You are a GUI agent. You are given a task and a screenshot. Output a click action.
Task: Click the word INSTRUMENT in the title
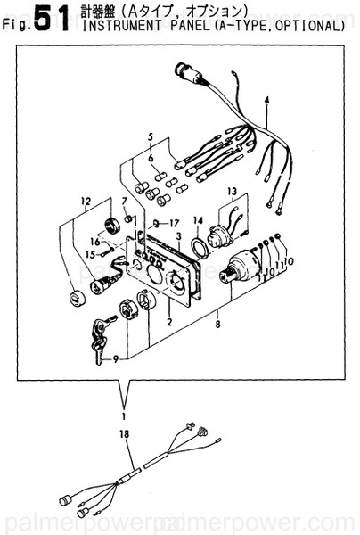117,26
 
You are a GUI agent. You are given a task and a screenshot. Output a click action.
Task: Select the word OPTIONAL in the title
307,26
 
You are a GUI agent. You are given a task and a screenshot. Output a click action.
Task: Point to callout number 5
151,137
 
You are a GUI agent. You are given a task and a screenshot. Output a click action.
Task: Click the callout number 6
151,158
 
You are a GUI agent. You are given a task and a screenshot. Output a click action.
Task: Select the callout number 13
232,192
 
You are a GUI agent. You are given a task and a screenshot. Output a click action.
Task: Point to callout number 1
125,415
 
